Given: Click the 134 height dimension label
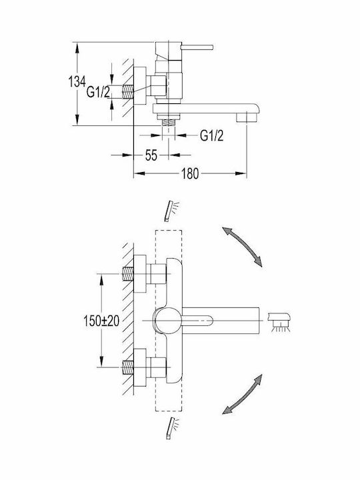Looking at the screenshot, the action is tap(77, 82).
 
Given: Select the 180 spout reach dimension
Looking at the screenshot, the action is tap(190, 173).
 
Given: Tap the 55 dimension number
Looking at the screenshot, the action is tap(151, 155).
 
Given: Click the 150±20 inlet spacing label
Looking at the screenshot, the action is tap(101, 321).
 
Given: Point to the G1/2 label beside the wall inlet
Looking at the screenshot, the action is tap(98, 92).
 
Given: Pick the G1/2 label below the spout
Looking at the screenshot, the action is tap(212, 135).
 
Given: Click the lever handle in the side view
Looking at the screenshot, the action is tap(197, 47).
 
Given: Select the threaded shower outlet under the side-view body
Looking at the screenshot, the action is tap(168, 122).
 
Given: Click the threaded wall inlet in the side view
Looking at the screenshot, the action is tap(128, 92).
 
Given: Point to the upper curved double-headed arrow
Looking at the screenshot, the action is tap(242, 247).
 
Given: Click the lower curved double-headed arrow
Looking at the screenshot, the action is tap(242, 394).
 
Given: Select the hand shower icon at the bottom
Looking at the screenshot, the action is tap(173, 428).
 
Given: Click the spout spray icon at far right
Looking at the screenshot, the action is tap(279, 321).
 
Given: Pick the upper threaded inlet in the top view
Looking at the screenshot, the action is tap(128, 273).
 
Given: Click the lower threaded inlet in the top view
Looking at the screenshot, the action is tap(128, 367).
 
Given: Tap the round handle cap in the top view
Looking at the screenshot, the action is tap(169, 321).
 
